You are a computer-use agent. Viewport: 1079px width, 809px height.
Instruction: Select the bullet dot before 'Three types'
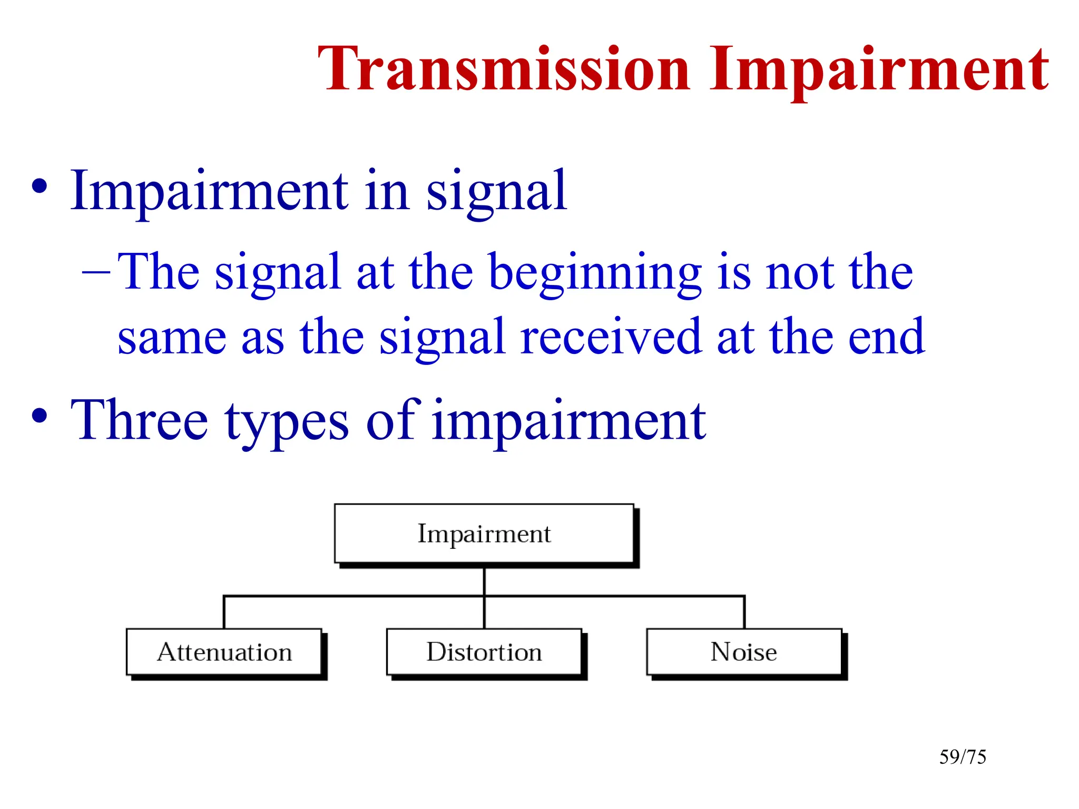coord(39,416)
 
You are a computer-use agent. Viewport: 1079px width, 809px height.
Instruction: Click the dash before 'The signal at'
coord(96,273)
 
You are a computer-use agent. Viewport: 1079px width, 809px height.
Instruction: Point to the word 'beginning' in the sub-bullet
coord(595,273)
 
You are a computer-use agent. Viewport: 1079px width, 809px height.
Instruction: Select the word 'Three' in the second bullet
coord(139,420)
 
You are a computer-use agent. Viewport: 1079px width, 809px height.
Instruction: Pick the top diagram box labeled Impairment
coord(484,534)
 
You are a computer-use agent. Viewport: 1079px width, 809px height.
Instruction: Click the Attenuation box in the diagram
coord(224,652)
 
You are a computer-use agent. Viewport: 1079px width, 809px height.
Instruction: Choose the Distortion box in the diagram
coord(484,652)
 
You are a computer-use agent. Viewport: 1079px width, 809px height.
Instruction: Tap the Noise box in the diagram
coord(743,652)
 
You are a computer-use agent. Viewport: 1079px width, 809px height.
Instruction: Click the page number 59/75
coord(963,757)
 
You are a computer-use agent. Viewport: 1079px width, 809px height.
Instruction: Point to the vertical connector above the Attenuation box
coord(224,613)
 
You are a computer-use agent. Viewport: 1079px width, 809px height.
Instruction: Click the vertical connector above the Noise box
coord(744,613)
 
